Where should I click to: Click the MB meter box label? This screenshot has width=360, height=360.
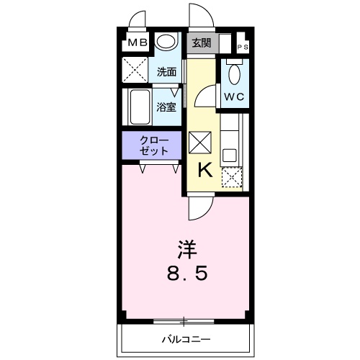coord(138,43)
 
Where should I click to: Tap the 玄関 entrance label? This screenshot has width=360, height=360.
coord(201,42)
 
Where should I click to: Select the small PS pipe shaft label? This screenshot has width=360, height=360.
coord(242,48)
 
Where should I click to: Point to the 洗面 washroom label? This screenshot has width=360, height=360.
coord(167,72)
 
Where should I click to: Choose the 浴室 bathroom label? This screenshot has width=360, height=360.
coord(167,107)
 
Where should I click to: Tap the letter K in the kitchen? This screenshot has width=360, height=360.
coord(204,170)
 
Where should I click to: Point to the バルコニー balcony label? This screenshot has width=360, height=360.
coord(186,338)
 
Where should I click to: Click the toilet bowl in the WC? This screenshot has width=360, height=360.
coord(233,73)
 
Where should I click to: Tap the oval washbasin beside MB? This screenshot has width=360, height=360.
coord(167,42)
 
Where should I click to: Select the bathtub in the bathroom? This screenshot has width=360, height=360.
coord(139,108)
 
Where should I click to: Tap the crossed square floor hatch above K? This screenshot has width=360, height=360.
coord(199,142)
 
